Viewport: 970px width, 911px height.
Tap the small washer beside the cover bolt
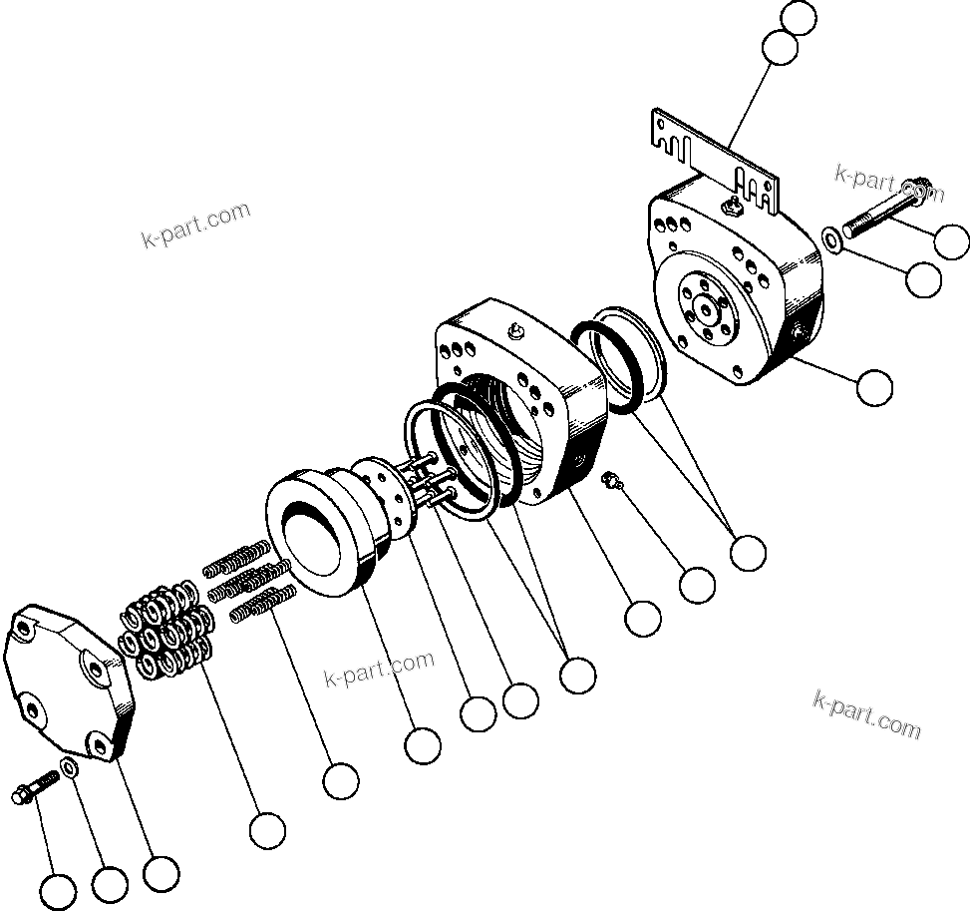tap(71, 767)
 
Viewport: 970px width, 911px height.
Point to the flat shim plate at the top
tap(712, 160)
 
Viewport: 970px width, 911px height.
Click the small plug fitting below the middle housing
tap(611, 482)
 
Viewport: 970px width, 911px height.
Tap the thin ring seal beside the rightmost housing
tap(623, 359)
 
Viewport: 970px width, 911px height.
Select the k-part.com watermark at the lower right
tap(867, 713)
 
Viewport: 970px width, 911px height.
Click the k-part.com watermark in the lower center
tap(380, 670)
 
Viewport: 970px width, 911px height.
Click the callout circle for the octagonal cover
tap(161, 872)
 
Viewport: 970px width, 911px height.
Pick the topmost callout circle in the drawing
tap(799, 17)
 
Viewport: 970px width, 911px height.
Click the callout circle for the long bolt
tap(953, 239)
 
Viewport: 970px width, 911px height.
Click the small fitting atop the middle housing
tap(515, 332)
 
